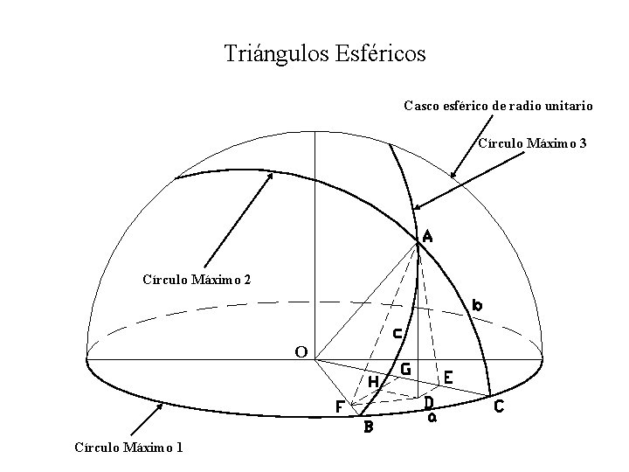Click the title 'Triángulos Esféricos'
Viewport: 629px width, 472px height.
click(x=325, y=54)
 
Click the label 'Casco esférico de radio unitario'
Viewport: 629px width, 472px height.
click(x=498, y=106)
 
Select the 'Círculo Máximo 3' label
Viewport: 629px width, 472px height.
click(x=532, y=142)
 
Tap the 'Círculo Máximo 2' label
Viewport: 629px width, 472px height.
click(x=196, y=280)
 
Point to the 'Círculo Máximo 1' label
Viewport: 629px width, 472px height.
click(x=128, y=448)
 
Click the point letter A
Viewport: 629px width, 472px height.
click(x=427, y=236)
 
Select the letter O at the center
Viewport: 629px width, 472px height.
click(x=301, y=351)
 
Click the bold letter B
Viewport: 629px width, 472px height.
click(x=369, y=427)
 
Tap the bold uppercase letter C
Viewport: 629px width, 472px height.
click(x=499, y=406)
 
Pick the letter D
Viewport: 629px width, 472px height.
click(x=428, y=403)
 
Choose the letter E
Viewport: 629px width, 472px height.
click(x=447, y=378)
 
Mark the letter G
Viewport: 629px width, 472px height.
click(x=405, y=370)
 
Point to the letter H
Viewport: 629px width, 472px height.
click(x=373, y=382)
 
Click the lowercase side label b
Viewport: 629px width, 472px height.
click(x=477, y=305)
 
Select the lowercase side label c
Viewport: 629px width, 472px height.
click(x=397, y=332)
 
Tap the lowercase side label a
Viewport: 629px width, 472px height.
click(x=432, y=417)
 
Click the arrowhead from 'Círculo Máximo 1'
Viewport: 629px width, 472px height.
click(x=161, y=405)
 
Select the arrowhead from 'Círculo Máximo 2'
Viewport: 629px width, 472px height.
click(x=272, y=174)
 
